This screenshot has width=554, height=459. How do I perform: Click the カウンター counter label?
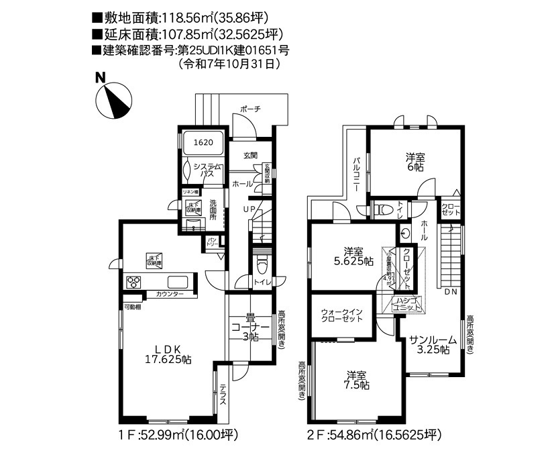(170, 295)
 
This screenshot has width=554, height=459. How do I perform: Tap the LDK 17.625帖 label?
(169, 354)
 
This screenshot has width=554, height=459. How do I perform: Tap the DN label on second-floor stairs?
(450, 292)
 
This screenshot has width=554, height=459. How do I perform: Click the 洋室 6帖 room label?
(415, 161)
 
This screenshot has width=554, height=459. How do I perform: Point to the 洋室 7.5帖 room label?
(356, 380)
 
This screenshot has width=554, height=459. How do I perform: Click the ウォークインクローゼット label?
(342, 315)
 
